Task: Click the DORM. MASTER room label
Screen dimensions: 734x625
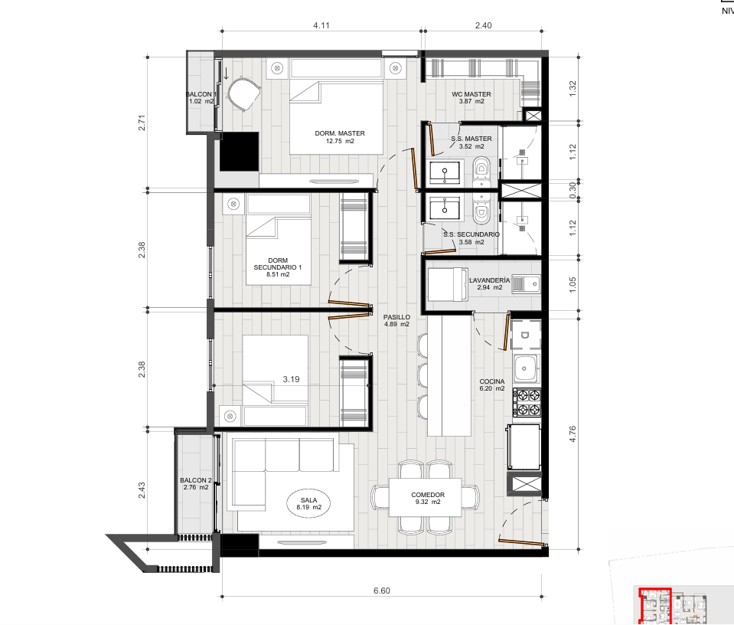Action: (339, 137)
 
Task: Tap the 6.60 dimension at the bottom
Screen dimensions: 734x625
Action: (381, 591)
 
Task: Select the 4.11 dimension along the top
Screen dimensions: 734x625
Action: (321, 25)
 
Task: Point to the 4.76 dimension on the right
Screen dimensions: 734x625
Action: (573, 434)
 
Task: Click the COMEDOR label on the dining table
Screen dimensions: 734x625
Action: (428, 498)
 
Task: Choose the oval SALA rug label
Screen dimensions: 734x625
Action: (309, 504)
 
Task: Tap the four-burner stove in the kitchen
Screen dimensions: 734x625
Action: (527, 402)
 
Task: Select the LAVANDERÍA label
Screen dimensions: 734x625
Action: (489, 283)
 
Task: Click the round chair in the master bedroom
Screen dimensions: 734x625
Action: (243, 94)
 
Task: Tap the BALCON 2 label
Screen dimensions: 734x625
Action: (196, 483)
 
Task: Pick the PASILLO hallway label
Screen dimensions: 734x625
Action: (396, 320)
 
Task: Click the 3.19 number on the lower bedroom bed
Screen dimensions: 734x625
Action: (291, 379)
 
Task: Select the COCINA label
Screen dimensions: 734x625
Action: (492, 384)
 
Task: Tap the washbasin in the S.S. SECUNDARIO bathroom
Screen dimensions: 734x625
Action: (444, 209)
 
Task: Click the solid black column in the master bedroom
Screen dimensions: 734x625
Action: (240, 152)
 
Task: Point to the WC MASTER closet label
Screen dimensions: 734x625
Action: (471, 97)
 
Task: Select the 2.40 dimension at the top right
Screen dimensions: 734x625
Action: (483, 25)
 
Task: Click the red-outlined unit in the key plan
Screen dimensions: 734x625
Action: (655, 605)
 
